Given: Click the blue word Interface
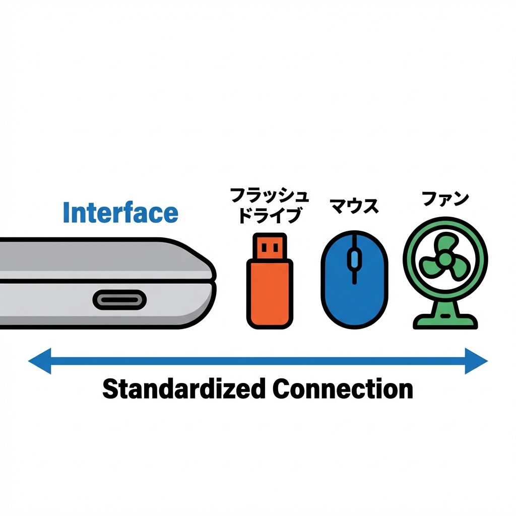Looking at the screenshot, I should click(120, 213).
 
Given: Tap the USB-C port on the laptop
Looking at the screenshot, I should click(119, 300).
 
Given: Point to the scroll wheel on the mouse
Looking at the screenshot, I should click(354, 260).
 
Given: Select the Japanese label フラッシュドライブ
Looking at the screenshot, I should click(269, 205).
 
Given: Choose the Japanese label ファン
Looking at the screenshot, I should click(445, 199).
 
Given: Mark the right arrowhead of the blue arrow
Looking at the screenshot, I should click(476, 361).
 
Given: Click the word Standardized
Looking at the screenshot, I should click(183, 389).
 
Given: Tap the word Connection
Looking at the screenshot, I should click(342, 389).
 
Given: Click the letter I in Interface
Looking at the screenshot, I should click(66, 213).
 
